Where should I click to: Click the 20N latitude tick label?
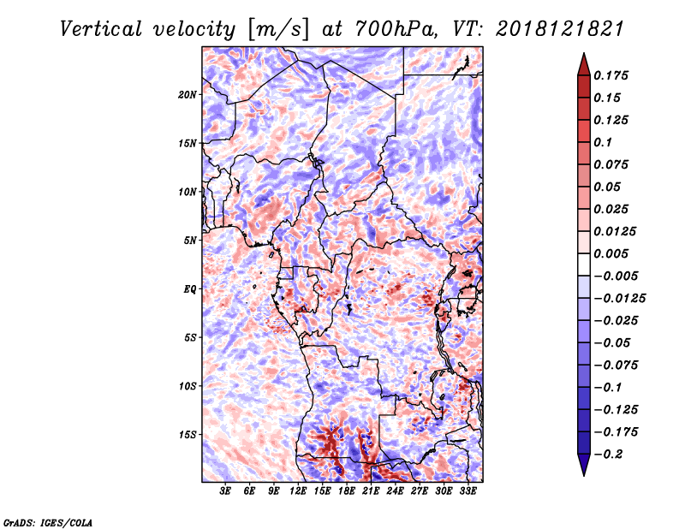(188, 94)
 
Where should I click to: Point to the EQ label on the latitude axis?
(189, 288)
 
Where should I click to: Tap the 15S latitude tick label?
(188, 434)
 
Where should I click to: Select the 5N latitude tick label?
(189, 240)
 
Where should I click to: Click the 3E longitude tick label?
(226, 491)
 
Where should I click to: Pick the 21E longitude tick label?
(371, 491)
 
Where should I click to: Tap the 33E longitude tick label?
(468, 491)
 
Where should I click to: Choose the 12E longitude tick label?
(298, 491)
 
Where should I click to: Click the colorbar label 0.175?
(612, 75)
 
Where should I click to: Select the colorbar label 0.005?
(612, 253)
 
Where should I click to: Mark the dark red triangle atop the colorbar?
(582, 62)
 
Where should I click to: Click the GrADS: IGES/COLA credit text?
(47, 521)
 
